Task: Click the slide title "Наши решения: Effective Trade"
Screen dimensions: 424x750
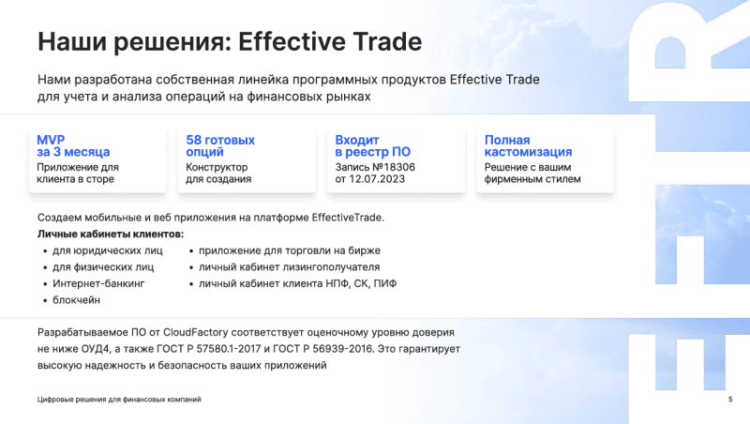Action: [230, 42]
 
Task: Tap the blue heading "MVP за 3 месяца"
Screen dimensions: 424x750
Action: [73, 145]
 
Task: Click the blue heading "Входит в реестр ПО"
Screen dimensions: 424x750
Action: [373, 145]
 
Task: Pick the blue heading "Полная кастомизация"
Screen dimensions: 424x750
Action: [528, 145]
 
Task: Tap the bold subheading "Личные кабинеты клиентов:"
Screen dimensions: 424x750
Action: [110, 234]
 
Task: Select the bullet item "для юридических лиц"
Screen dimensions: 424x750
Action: [108, 250]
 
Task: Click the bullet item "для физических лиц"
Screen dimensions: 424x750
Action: [103, 266]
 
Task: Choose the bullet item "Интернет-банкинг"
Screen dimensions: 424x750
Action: [99, 283]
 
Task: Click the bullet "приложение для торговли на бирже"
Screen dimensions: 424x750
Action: [289, 250]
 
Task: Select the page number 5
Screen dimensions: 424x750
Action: [729, 401]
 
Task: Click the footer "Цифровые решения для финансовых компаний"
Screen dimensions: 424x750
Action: [118, 401]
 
